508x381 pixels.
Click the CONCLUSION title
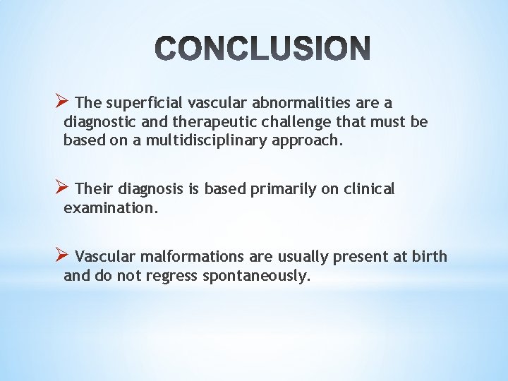(262, 49)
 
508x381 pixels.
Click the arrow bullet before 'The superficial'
(61, 102)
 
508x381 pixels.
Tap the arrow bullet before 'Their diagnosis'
(61, 188)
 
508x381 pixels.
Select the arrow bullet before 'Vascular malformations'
(61, 255)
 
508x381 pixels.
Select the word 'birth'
(430, 256)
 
